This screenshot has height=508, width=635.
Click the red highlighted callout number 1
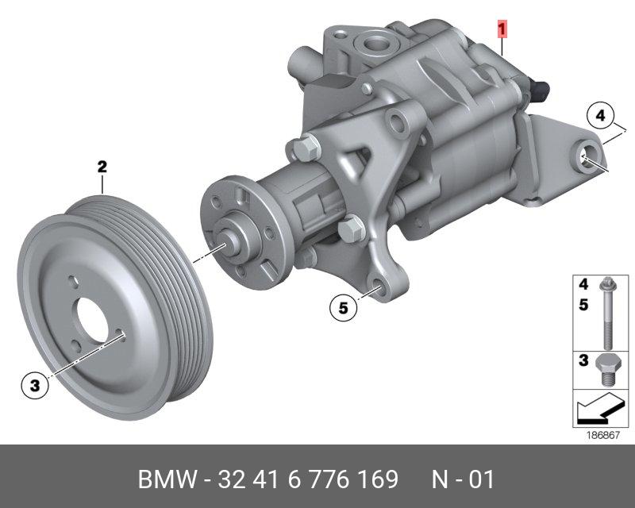click(502, 30)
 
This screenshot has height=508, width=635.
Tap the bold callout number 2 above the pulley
click(102, 166)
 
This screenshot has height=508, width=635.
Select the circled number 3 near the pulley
click(35, 385)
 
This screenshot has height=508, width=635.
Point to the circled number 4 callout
click(601, 115)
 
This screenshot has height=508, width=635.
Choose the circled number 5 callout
click(344, 308)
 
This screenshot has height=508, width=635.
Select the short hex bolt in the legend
click(606, 371)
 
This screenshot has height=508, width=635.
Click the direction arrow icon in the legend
click(599, 408)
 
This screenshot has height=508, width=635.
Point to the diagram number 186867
click(603, 435)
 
